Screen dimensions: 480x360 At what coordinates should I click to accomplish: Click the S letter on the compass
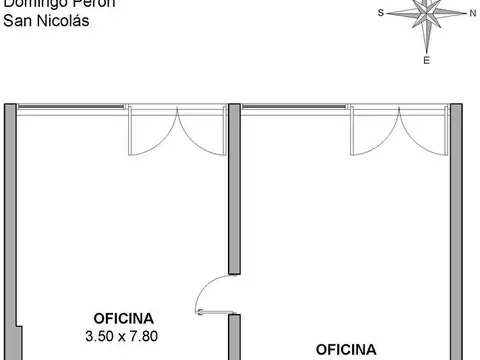click(x=381, y=13)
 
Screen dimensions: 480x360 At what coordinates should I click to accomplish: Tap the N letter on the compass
click(x=472, y=13)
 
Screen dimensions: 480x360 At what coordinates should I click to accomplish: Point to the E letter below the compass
click(x=427, y=60)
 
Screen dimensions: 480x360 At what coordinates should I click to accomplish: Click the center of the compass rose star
click(x=427, y=15)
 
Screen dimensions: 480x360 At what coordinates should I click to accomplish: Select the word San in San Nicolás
click(x=17, y=19)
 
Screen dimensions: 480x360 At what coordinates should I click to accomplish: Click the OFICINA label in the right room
click(x=346, y=349)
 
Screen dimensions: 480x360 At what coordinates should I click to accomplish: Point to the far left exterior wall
click(x=8, y=220)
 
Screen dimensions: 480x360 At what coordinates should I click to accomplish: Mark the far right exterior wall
click(x=455, y=220)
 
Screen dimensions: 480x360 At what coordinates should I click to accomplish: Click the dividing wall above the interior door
click(x=233, y=190)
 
